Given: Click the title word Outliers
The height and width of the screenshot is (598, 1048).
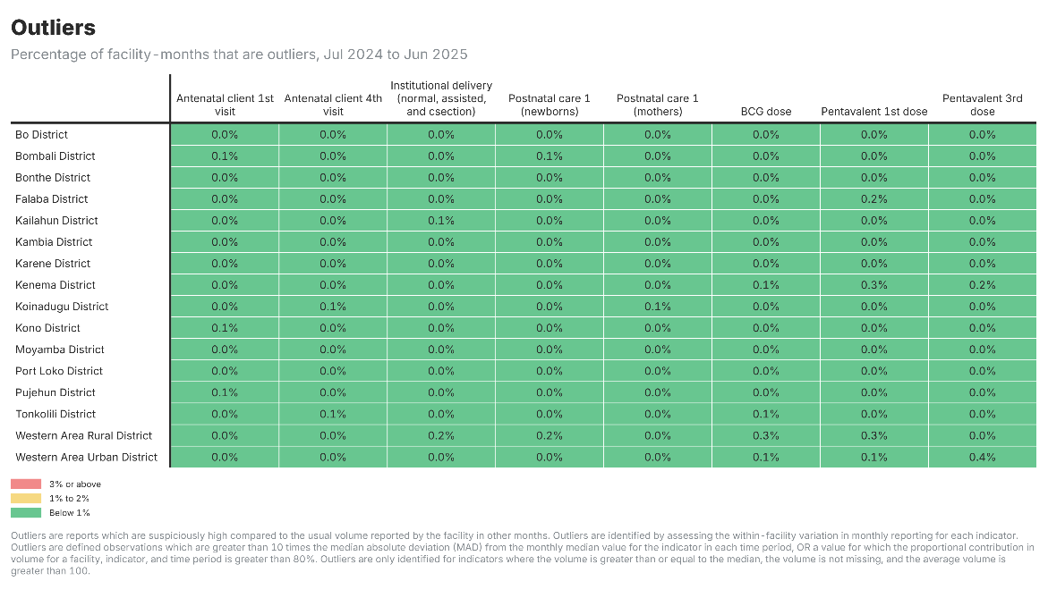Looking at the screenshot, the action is click(54, 28).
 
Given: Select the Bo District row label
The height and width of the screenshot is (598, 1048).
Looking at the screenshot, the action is click(41, 135).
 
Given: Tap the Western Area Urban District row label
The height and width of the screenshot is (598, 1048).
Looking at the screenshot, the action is click(86, 457).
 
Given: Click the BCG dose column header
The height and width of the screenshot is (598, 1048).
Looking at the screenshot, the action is click(766, 112).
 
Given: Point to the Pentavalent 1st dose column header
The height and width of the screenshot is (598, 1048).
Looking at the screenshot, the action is click(874, 112).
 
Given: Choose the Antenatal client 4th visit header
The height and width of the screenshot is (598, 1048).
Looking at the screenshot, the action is click(333, 105).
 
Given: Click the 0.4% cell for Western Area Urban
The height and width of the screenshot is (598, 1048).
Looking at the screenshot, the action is click(983, 457).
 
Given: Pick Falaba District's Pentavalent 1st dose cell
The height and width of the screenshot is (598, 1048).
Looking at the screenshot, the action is click(874, 199).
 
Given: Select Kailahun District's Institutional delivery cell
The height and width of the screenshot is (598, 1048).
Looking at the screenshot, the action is click(441, 220).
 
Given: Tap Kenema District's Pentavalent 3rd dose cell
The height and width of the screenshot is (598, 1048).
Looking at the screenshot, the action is click(983, 285).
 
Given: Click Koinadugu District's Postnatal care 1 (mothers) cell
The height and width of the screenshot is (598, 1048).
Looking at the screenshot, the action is click(658, 307).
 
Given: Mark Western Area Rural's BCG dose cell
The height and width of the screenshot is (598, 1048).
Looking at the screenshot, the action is click(766, 436).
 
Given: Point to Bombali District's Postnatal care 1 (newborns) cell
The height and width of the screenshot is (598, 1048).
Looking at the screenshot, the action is click(550, 156).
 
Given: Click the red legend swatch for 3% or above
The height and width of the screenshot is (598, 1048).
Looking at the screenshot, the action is click(26, 484).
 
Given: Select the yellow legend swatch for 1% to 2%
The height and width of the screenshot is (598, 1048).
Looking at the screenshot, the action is click(26, 499).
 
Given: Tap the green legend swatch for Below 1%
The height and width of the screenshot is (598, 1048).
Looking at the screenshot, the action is click(26, 513).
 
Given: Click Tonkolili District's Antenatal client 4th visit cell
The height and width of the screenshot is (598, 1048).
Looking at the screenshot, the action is click(333, 414).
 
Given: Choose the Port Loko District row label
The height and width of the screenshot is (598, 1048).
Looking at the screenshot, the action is click(59, 371).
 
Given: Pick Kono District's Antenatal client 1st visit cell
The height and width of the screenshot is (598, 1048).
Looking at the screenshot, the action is click(225, 328).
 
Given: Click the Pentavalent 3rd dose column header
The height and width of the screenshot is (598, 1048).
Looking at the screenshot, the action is click(983, 105).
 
